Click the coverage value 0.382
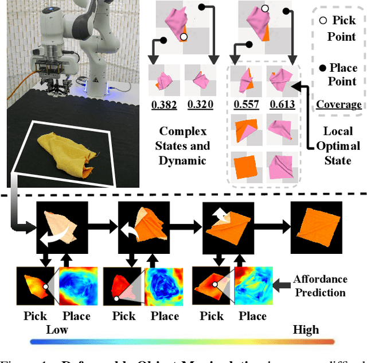(x=162, y=105)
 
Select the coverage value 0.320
(x=200, y=105)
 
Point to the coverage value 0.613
(x=282, y=105)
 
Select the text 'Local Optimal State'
(x=338, y=146)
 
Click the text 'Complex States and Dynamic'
(x=182, y=146)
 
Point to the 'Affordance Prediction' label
(x=320, y=285)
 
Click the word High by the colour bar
(x=306, y=329)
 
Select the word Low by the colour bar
(x=56, y=329)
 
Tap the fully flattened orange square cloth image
(x=317, y=225)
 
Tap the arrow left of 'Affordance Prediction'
(x=282, y=284)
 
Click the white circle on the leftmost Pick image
(x=44, y=286)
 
